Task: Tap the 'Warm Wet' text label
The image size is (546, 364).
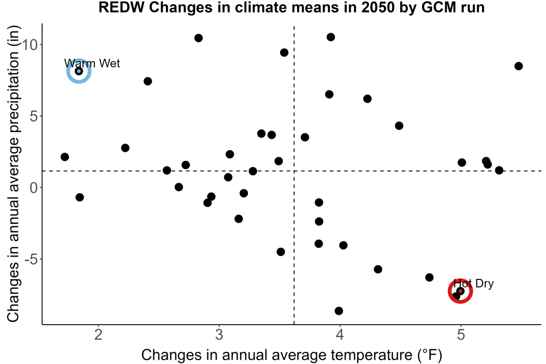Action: (92, 63)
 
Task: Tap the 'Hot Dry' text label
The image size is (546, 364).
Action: (473, 284)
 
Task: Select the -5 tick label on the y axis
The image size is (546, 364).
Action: (31, 259)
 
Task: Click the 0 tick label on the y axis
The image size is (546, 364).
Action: (34, 188)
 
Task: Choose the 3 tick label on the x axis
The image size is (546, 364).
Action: (219, 335)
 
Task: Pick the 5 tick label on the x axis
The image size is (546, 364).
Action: (461, 335)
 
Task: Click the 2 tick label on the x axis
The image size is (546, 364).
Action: (98, 335)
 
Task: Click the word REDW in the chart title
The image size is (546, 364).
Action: (121, 7)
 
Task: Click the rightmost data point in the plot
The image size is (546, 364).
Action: (519, 66)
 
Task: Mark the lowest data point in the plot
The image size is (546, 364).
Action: (339, 311)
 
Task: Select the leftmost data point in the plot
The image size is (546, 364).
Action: (64, 157)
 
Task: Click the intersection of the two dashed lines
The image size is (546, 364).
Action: (294, 171)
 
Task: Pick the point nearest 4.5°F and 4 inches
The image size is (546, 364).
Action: (399, 126)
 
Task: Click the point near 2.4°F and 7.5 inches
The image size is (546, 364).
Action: (147, 81)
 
